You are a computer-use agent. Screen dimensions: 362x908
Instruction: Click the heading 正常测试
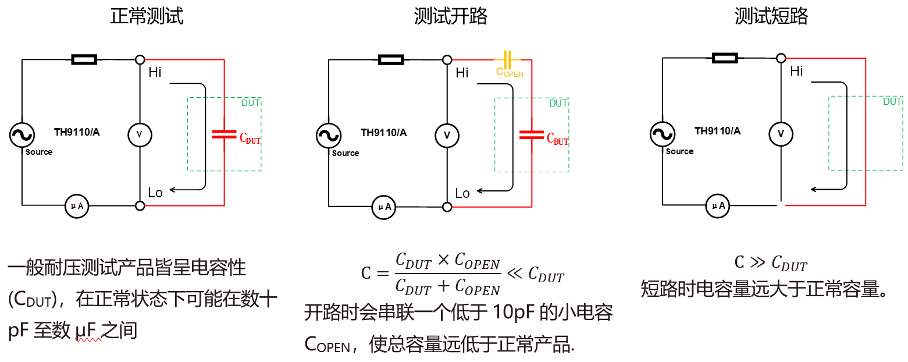(x=147, y=16)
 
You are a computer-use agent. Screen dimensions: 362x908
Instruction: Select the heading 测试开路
(x=451, y=16)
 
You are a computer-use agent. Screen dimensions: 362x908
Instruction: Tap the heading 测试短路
(x=771, y=16)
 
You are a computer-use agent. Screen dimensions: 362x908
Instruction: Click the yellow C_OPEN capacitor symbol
(x=507, y=59)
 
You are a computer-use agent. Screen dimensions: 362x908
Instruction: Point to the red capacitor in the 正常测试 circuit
(x=224, y=134)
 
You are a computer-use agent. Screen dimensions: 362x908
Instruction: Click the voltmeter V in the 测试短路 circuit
(x=781, y=134)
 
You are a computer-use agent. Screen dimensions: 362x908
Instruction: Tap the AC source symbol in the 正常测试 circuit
(x=22, y=135)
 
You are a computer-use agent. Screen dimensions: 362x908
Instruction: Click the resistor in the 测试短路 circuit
(x=725, y=58)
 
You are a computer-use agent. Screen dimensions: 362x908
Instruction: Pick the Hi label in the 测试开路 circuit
(x=462, y=73)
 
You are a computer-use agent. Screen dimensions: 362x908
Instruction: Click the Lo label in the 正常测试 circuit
(x=155, y=193)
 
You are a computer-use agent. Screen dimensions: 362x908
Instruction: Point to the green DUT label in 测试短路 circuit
(x=892, y=101)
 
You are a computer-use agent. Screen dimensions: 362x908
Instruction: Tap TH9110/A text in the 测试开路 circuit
(x=384, y=133)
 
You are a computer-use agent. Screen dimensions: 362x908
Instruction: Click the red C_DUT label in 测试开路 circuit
(x=557, y=139)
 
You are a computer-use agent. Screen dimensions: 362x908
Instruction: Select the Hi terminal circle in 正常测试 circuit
(x=140, y=59)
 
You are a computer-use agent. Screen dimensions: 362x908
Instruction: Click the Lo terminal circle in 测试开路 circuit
(x=447, y=207)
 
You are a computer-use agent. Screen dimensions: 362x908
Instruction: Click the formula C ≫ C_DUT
(x=771, y=263)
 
